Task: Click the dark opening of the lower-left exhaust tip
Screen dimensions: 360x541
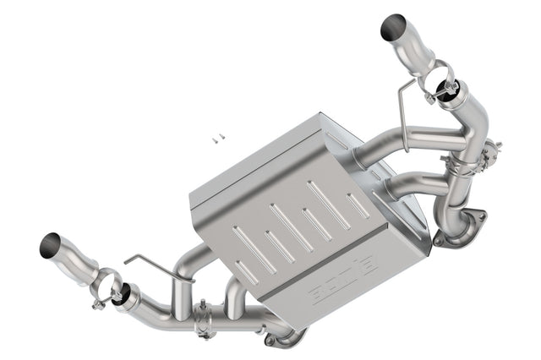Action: (x=50, y=246)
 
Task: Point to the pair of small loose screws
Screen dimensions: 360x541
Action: (x=216, y=136)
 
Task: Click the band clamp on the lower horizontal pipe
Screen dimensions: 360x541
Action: (x=204, y=321)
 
